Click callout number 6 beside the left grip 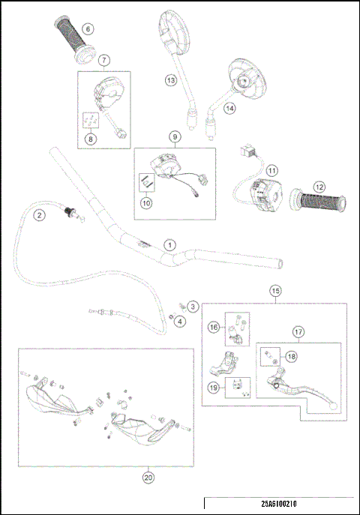click(87, 29)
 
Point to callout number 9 click(174, 136)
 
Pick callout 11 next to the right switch click(272, 170)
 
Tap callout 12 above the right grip click(319, 187)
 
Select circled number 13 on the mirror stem click(171, 79)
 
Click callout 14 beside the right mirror click(229, 107)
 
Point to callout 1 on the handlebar click(169, 244)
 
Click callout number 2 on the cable click(37, 216)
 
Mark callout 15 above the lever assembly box click(275, 290)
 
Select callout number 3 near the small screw click(193, 306)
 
